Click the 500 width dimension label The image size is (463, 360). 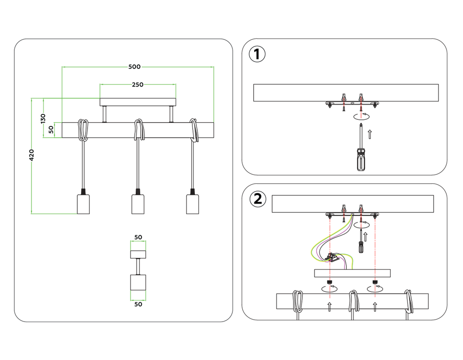[134, 67]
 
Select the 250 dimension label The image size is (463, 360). [138, 85]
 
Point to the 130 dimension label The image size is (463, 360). [43, 118]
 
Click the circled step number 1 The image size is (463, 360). [257, 54]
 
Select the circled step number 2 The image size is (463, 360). [257, 199]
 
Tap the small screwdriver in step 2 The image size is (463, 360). [360, 246]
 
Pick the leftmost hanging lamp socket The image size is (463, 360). [83, 204]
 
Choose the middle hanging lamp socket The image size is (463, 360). [138, 204]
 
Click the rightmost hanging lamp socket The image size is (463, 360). [192, 204]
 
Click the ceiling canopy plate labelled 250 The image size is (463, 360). [138, 102]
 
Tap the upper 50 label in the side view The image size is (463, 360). [138, 237]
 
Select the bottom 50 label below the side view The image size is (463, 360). [138, 304]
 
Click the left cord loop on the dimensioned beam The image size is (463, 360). [83, 130]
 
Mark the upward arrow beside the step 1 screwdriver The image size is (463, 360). [369, 135]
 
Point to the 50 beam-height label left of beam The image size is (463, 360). [51, 130]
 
